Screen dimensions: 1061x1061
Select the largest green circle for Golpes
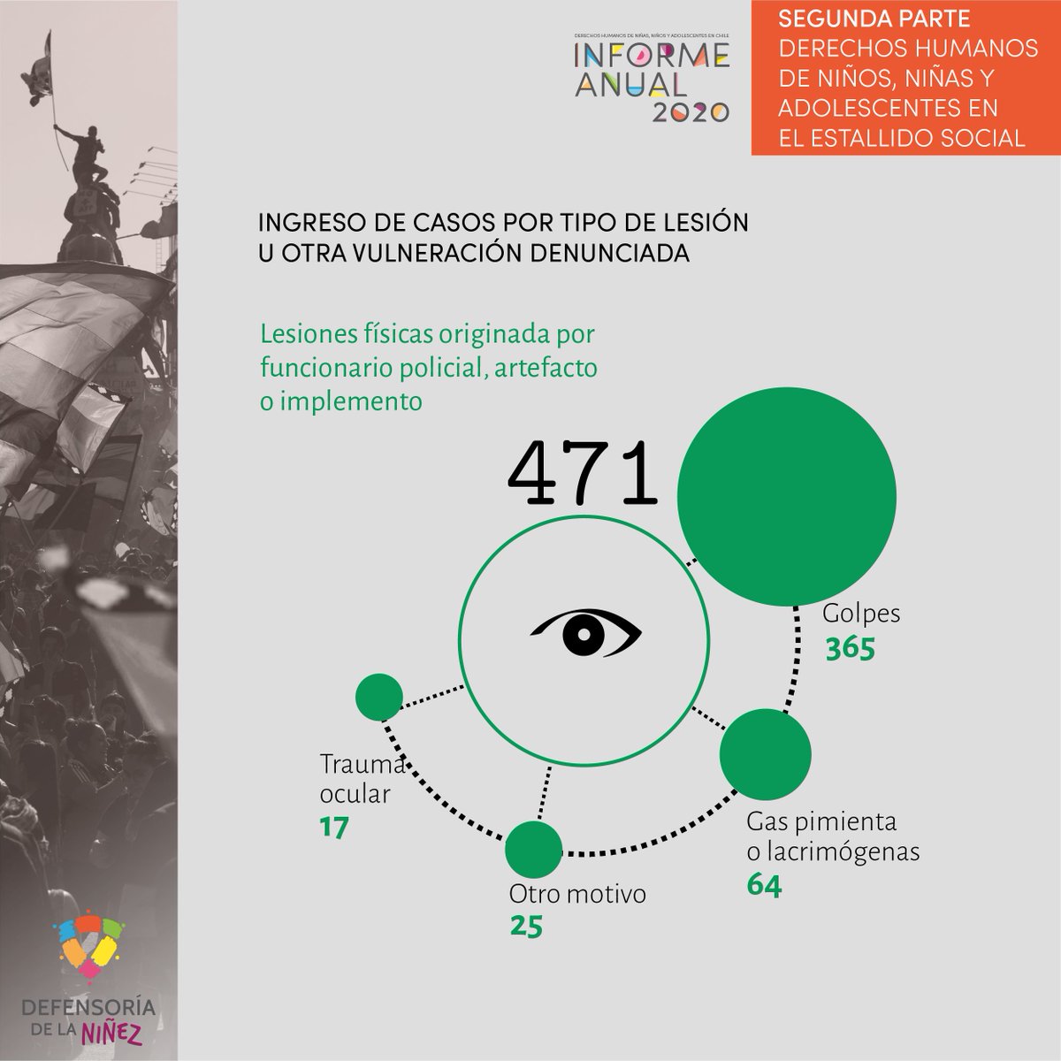(786, 495)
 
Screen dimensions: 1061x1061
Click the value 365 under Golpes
(850, 649)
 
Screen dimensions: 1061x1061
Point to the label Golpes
(861, 613)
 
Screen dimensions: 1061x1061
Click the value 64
(764, 884)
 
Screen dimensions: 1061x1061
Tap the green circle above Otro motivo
(533, 849)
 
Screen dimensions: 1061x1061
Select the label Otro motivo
(577, 894)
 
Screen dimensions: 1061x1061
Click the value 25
(526, 926)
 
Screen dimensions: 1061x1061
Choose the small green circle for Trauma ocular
(379, 697)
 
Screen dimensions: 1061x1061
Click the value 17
(334, 828)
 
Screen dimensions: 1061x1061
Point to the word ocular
(355, 793)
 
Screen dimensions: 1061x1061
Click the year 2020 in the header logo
(691, 111)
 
